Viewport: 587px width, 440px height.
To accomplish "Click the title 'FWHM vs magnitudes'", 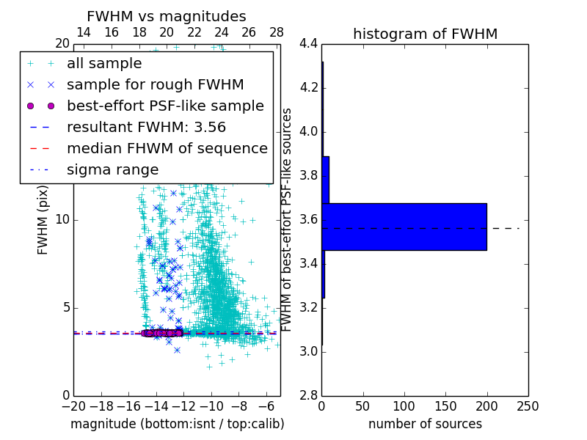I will click(x=167, y=17).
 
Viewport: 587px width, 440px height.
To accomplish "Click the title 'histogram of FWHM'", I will click(x=425, y=34).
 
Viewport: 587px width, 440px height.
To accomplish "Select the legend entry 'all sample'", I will click(x=104, y=64).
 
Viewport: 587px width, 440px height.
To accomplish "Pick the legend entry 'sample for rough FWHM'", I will click(x=155, y=84).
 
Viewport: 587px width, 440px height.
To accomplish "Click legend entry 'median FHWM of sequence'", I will click(x=167, y=148).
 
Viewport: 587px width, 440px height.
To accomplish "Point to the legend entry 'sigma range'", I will click(x=112, y=169).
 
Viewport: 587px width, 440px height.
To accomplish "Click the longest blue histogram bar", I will click(x=404, y=227).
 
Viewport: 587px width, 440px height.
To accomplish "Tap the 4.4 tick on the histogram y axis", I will click(x=309, y=44).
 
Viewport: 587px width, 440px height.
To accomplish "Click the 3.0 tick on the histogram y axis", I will click(x=309, y=351).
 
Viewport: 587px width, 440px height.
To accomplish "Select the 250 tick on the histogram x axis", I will click(x=528, y=406).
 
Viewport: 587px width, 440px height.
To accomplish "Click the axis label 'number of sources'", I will click(x=425, y=424).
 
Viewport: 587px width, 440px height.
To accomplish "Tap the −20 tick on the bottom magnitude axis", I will click(x=73, y=406).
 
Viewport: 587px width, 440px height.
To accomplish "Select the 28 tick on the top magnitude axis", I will click(x=277, y=32).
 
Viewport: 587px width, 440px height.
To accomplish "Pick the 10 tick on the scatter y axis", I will click(x=62, y=220).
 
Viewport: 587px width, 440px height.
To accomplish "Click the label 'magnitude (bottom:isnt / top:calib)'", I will click(x=177, y=424).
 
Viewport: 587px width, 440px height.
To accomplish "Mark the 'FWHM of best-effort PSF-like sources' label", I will click(x=288, y=220).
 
